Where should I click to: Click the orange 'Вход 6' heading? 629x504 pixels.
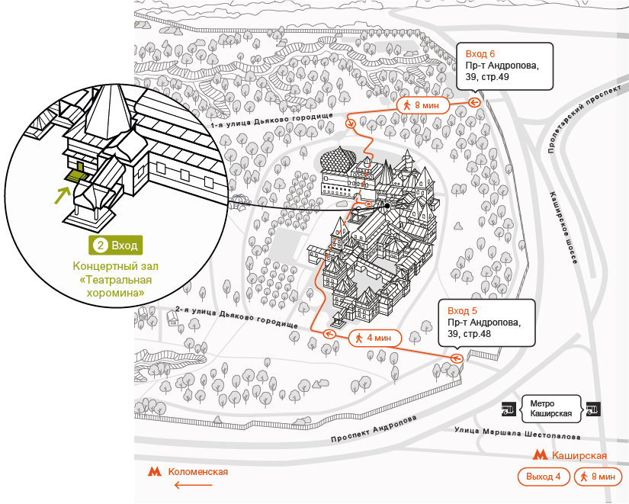coord(480,54)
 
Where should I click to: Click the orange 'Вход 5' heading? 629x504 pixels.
coord(463,311)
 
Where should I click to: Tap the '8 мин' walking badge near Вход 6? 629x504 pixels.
coord(423,105)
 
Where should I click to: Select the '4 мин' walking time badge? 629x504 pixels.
coord(375,338)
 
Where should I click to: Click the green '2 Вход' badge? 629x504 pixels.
coord(116,246)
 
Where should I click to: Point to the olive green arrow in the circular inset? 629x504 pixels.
coord(62,194)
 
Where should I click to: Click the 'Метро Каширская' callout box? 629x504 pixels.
coord(551,409)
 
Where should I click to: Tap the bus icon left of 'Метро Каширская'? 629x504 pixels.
coord(509,409)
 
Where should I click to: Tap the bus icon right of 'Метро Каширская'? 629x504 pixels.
coord(593,409)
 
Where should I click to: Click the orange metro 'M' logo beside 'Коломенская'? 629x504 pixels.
coord(155,471)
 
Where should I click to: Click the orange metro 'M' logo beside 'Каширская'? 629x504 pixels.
coord(540,455)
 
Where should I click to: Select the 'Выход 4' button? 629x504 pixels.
coord(544,477)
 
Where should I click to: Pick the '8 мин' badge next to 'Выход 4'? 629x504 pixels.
coord(598,477)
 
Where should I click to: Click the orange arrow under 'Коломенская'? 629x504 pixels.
coord(193,485)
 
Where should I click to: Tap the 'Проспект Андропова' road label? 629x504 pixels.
coord(374,429)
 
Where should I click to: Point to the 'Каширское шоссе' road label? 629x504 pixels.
coord(564,227)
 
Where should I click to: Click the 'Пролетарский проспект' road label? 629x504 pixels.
coord(585,119)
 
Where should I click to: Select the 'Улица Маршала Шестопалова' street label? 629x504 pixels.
coord(518,433)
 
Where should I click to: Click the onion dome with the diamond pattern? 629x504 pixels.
coord(337,159)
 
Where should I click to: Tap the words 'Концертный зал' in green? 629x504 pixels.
coord(116,266)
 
